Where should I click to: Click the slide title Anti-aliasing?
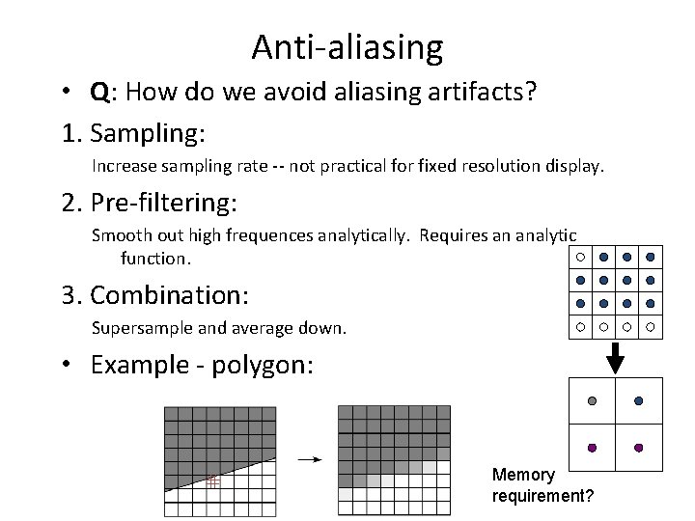[347, 46]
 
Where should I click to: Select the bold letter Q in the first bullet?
[99, 94]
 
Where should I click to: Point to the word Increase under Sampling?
[124, 166]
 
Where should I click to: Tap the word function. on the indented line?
[156, 259]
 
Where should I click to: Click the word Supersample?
[142, 328]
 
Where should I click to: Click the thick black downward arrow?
[615, 359]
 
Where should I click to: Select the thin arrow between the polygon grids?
[309, 459]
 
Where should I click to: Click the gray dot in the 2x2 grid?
[593, 400]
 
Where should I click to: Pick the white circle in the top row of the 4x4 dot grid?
[580, 257]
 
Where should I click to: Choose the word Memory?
[523, 475]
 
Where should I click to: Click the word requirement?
[542, 496]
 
